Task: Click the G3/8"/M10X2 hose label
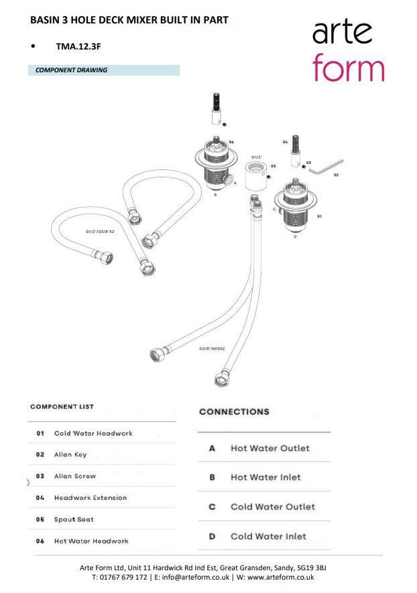[212, 349]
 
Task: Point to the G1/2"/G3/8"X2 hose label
[100, 232]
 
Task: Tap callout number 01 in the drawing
[320, 217]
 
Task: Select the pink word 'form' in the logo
[348, 68]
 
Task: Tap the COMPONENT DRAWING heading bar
[103, 70]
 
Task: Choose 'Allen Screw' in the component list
[74, 477]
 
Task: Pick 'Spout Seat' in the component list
[74, 519]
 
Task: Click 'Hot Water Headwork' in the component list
[91, 541]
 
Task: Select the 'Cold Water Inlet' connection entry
[268, 536]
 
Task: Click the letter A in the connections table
[212, 448]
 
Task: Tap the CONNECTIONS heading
[234, 412]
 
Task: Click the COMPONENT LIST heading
[62, 407]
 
